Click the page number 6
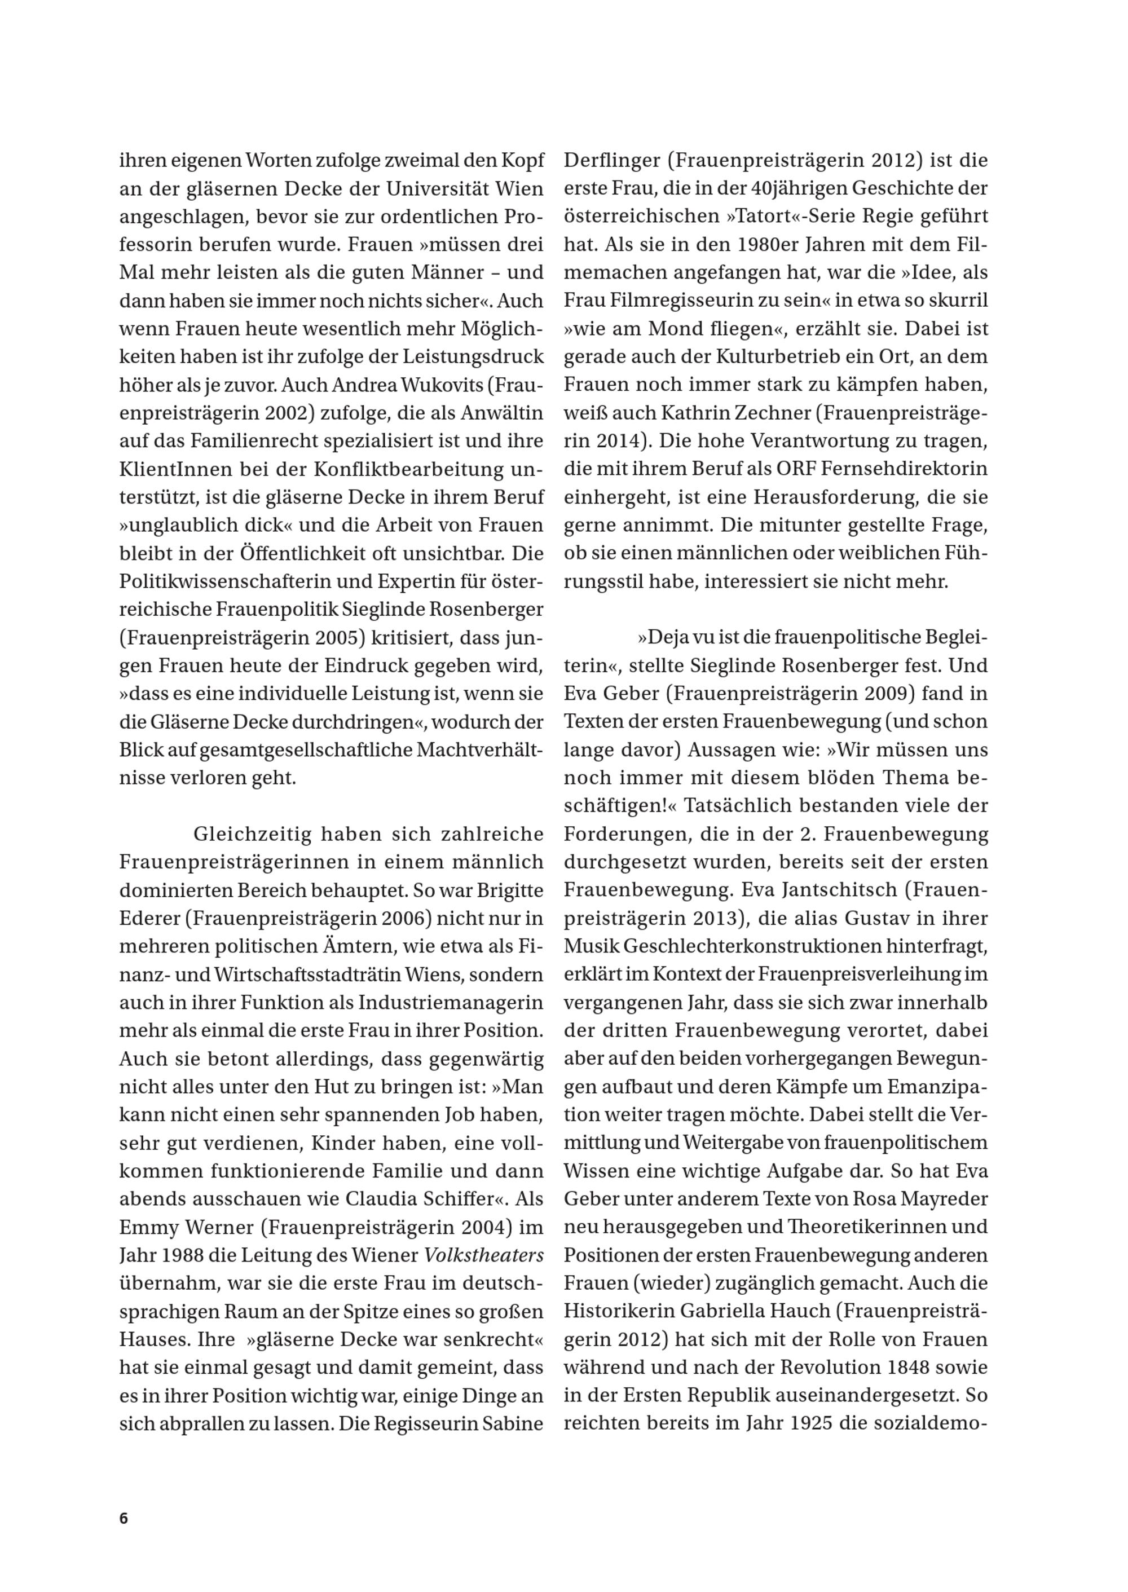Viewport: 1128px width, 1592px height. point(124,1518)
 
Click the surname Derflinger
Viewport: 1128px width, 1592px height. point(612,161)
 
